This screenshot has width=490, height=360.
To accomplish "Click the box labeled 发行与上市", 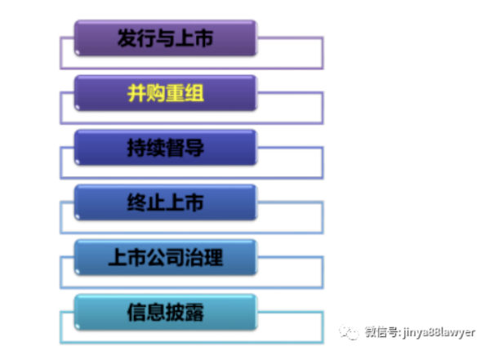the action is coord(165,38).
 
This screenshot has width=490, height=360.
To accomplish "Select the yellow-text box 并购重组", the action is coord(165,93).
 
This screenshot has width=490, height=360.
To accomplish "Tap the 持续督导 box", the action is coord(165,148).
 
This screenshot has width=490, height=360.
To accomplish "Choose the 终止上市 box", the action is coord(165,202).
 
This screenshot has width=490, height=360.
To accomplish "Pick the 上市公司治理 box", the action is coord(165,257).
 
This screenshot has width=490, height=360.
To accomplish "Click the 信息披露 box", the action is coord(165,312).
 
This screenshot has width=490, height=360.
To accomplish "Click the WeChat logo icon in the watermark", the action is coord(349,332).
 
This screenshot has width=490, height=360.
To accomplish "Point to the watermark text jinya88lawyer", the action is coord(439,332).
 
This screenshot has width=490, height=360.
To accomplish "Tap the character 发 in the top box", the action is coord(127,38).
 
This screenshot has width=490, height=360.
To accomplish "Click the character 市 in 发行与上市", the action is coord(203,38).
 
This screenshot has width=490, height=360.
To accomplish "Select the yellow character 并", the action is coord(136,93).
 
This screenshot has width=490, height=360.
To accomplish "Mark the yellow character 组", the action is coord(194,93).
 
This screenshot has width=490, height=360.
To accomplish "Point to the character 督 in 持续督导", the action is coord(175,148).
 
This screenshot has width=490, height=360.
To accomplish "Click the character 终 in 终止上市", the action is coord(136,202).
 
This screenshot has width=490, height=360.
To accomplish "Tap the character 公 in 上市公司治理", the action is coord(156,257).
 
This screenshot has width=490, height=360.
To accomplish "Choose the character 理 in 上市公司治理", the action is coord(213,257).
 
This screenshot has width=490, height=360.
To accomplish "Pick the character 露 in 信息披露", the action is coord(194,312).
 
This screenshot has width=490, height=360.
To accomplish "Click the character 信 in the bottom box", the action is coord(136,312).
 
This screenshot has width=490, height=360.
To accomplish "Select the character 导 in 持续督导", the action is coord(194,148).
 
